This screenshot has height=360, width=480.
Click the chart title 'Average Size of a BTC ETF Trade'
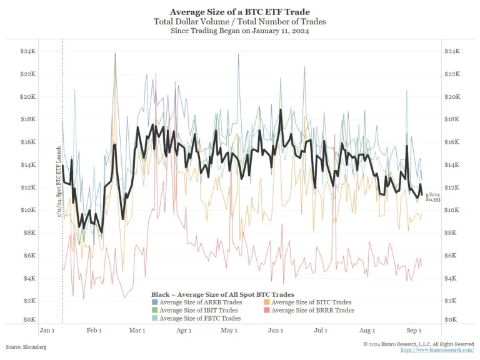tap(239, 12)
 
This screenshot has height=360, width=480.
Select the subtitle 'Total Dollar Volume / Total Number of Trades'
tap(239, 22)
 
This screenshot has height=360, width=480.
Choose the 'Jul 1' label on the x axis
tap(321, 330)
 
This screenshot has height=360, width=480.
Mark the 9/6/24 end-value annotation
tap(430, 197)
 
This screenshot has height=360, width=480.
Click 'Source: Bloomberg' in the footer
tap(26, 346)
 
